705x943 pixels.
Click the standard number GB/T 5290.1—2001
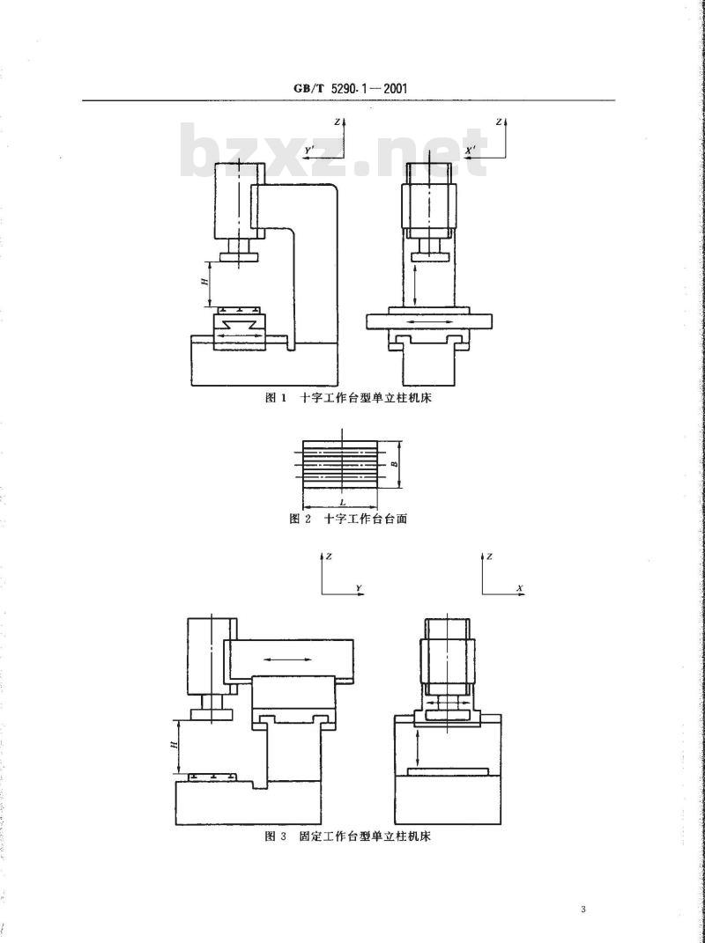[x=351, y=88]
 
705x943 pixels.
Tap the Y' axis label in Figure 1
[x=310, y=149]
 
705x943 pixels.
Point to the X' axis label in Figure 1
[x=471, y=149]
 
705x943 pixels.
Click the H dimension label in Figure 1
[x=204, y=282]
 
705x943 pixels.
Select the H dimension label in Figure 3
[x=174, y=745]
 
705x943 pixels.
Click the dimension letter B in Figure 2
[x=393, y=464]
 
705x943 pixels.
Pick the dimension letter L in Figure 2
[x=341, y=502]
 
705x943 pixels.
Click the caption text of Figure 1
[x=349, y=397]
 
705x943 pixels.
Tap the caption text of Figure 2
[x=348, y=519]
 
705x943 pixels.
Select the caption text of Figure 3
[x=349, y=836]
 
